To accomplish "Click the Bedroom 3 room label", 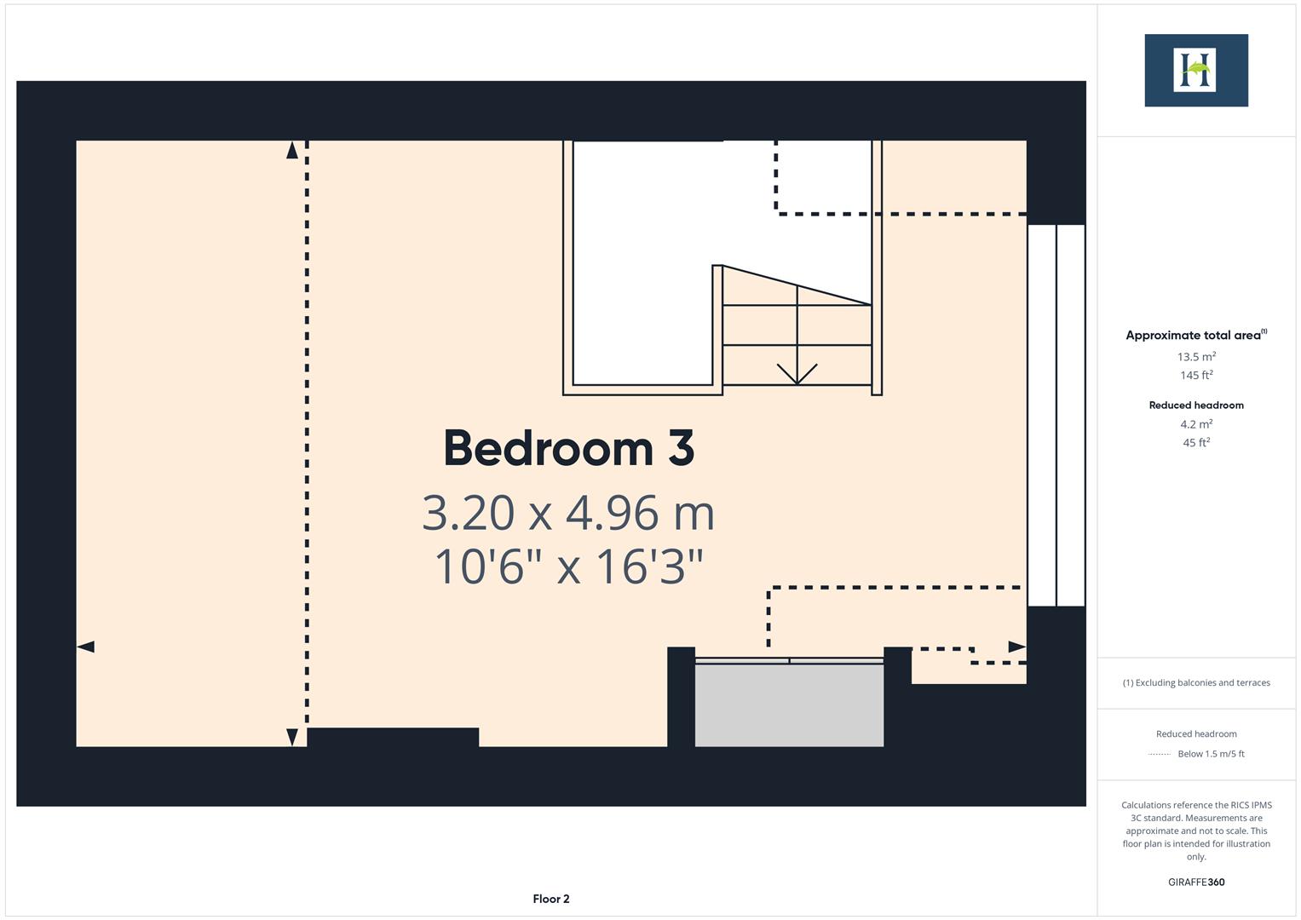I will [x=568, y=448].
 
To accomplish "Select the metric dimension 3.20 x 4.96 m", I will [x=568, y=513].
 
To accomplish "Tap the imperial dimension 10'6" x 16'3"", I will [x=568, y=566].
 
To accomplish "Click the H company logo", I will [x=1195, y=71].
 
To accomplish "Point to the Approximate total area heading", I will [x=1195, y=335].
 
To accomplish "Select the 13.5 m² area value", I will [x=1195, y=357].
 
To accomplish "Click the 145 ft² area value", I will [x=1195, y=375].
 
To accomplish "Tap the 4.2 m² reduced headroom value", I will [x=1195, y=424].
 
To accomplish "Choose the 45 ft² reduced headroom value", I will [x=1195, y=442].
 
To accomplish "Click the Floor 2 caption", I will [x=551, y=899].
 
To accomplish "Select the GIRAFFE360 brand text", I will [x=1195, y=883].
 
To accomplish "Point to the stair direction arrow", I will [x=797, y=372].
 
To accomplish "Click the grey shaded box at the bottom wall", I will [x=789, y=704].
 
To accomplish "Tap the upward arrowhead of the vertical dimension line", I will [x=292, y=151].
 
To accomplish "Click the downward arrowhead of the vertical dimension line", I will [x=292, y=737].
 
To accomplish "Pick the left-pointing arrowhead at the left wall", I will [x=86, y=647].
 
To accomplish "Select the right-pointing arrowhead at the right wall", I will [x=1016, y=647].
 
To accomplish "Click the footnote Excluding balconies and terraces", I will [x=1195, y=682].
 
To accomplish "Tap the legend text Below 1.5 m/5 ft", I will [x=1210, y=754].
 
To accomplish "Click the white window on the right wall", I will [x=1056, y=415].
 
